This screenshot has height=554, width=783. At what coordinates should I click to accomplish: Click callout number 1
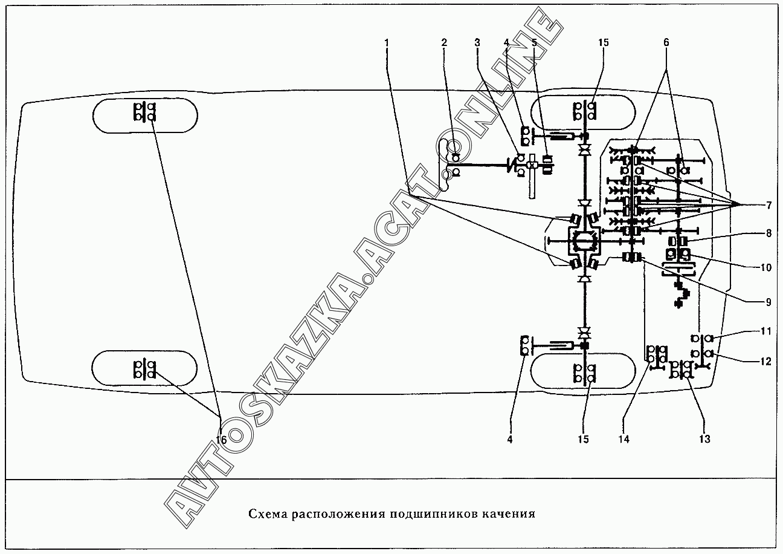pyautogui.click(x=387, y=43)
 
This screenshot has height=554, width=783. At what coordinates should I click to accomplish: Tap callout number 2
pyautogui.click(x=444, y=43)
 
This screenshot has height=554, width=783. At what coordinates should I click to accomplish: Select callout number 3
pyautogui.click(x=477, y=43)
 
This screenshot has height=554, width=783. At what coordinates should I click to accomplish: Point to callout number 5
pyautogui.click(x=534, y=43)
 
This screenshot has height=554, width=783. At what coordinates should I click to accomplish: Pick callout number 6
pyautogui.click(x=666, y=43)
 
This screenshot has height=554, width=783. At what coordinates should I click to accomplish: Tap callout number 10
pyautogui.click(x=765, y=267)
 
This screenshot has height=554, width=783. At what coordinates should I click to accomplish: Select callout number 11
pyautogui.click(x=765, y=331)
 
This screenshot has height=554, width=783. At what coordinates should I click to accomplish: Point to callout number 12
pyautogui.click(x=765, y=362)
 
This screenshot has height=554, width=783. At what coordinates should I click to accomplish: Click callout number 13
pyautogui.click(x=704, y=439)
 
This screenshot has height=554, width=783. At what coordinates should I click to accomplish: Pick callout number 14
pyautogui.click(x=624, y=439)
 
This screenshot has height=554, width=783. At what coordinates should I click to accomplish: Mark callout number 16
pyautogui.click(x=221, y=440)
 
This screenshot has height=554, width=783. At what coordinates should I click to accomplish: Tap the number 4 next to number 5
pyautogui.click(x=506, y=43)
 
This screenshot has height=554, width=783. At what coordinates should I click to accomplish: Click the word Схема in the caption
pyautogui.click(x=268, y=515)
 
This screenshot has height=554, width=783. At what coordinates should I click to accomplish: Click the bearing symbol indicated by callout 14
pyautogui.click(x=657, y=354)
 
